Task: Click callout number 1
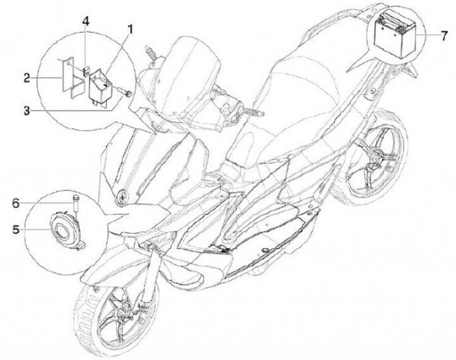point(130,28)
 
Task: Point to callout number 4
point(86,21)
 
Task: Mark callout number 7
point(441,33)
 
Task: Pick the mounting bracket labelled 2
point(71,79)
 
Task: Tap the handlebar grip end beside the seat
point(239,110)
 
